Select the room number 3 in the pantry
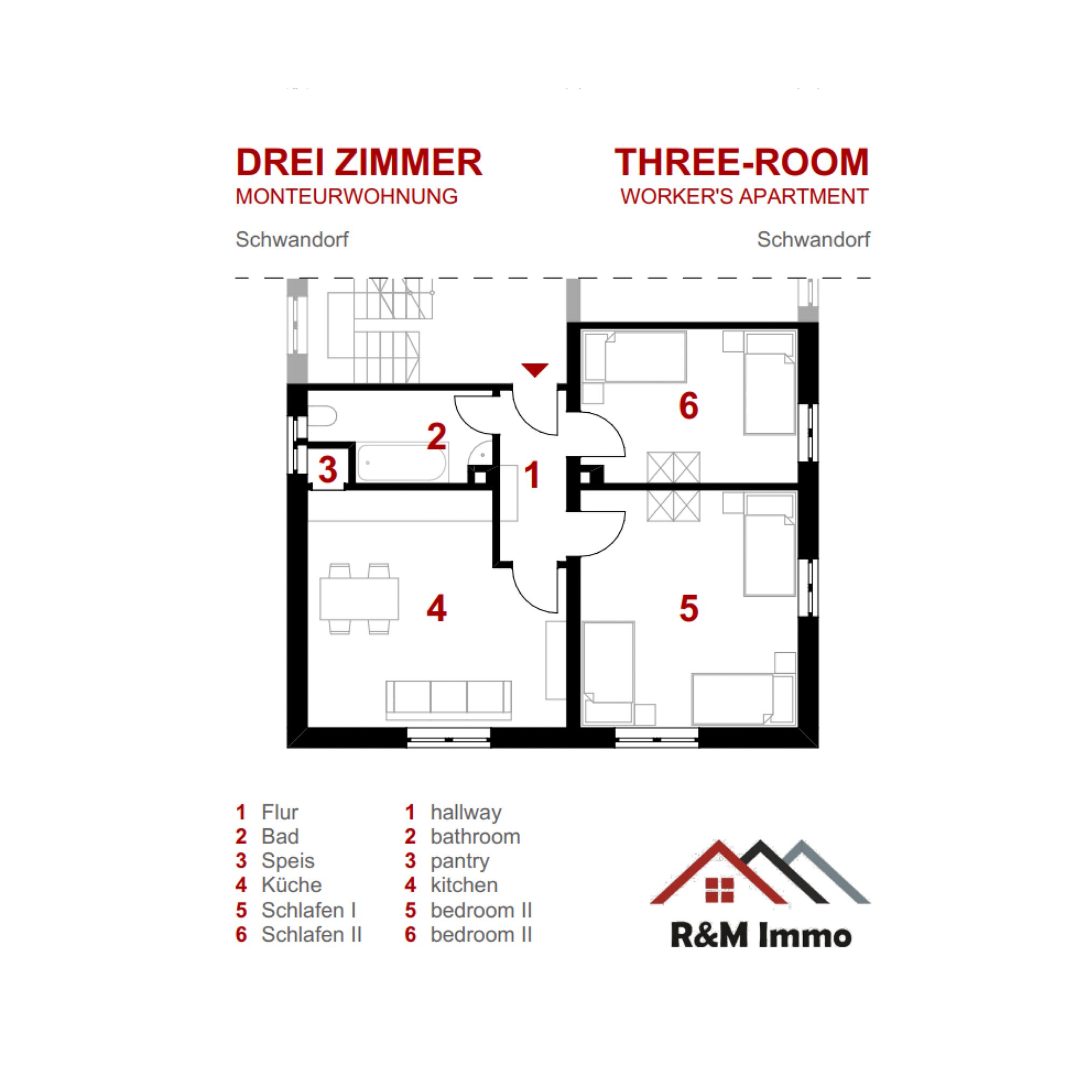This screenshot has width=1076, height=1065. pyautogui.click(x=328, y=470)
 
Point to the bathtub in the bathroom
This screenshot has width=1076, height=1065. pyautogui.click(x=401, y=462)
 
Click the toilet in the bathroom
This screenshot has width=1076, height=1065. pyautogui.click(x=322, y=416)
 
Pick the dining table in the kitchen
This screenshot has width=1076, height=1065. pyautogui.click(x=359, y=599)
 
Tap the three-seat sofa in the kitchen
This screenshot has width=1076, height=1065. pyautogui.click(x=449, y=700)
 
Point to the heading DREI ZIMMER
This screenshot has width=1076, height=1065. pyautogui.click(x=359, y=163)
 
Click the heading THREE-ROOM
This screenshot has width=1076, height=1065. pyautogui.click(x=741, y=162)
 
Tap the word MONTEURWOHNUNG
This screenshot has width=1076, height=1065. pyautogui.click(x=346, y=196)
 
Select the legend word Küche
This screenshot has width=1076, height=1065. pyautogui.click(x=291, y=885)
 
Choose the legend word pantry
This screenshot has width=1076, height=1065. pyautogui.click(x=459, y=862)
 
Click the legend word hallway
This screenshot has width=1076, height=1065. pyautogui.click(x=465, y=813)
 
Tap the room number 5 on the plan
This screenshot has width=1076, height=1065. pyautogui.click(x=689, y=608)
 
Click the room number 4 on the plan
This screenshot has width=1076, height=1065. pyautogui.click(x=436, y=608)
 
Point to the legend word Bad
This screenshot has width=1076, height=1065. pyautogui.click(x=280, y=837)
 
